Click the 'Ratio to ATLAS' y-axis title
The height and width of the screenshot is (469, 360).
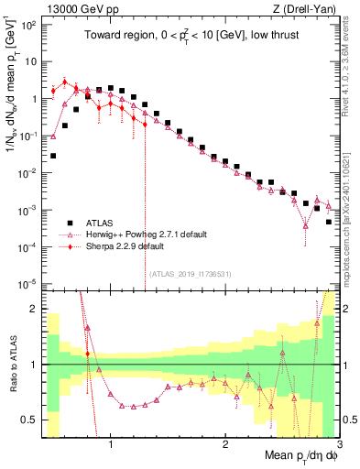[12, 365]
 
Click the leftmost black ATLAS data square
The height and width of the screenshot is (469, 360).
[53, 156]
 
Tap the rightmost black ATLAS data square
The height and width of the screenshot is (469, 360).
[329, 222]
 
